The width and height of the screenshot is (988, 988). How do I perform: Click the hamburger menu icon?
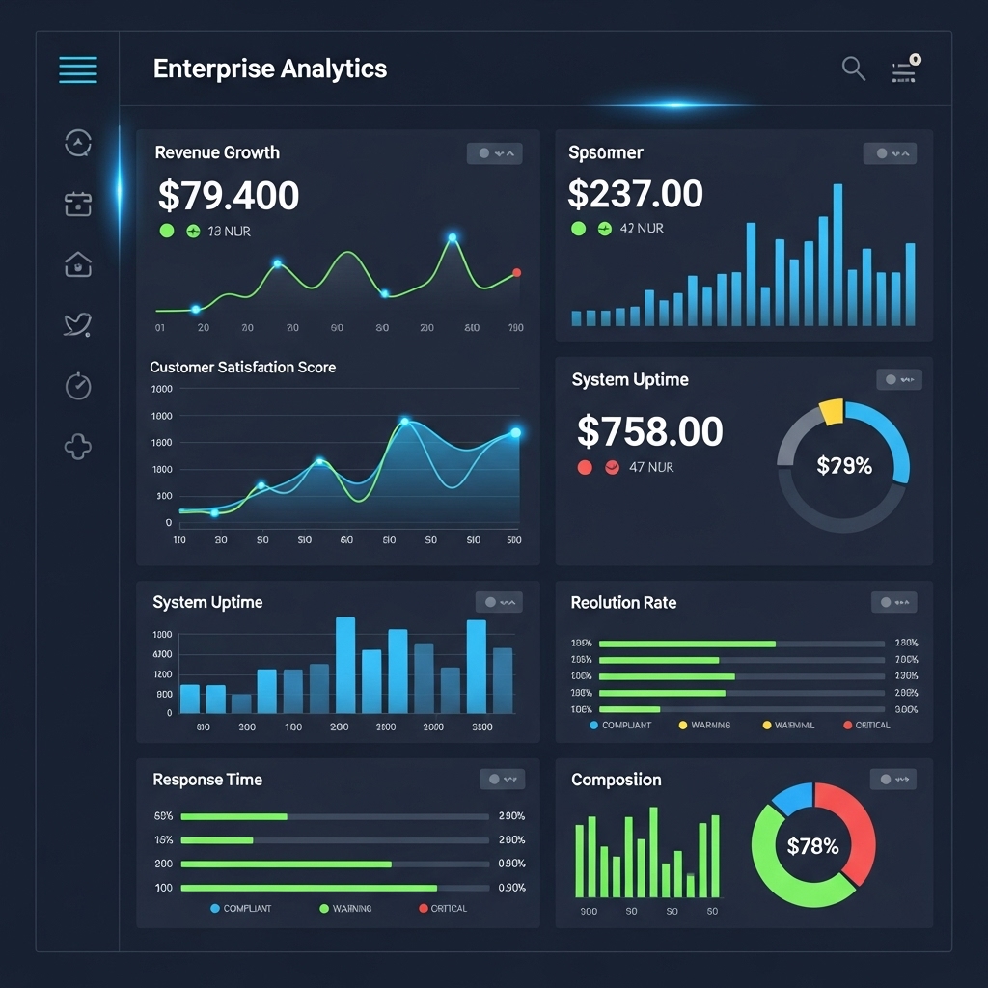tap(78, 69)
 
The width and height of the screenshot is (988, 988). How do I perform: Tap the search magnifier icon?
tap(853, 68)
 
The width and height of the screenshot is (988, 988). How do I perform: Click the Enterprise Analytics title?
tap(270, 69)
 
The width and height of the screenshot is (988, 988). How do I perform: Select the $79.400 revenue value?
tap(229, 196)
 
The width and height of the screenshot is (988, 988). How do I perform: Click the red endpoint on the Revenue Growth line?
tap(517, 273)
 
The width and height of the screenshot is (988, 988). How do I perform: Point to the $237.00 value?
tap(635, 194)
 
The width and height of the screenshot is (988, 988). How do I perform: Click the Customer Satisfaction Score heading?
tap(243, 368)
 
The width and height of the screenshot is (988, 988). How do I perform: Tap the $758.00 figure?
tap(649, 431)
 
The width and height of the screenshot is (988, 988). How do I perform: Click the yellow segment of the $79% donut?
tap(831, 412)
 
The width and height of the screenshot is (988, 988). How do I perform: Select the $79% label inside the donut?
tap(843, 466)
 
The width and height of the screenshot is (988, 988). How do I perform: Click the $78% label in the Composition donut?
tap(812, 846)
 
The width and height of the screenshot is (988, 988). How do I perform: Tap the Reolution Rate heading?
tap(623, 603)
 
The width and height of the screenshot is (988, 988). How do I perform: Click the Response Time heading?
tap(207, 780)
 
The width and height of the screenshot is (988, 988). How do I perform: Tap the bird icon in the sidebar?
tap(77, 324)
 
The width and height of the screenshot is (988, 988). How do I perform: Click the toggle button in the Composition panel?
tap(892, 780)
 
